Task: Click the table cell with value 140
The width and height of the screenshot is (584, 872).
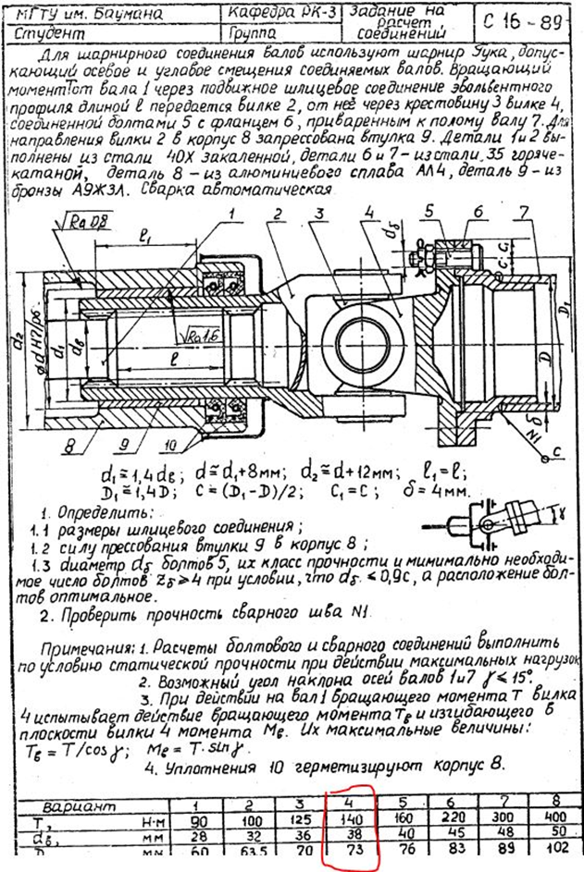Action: coord(351,818)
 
